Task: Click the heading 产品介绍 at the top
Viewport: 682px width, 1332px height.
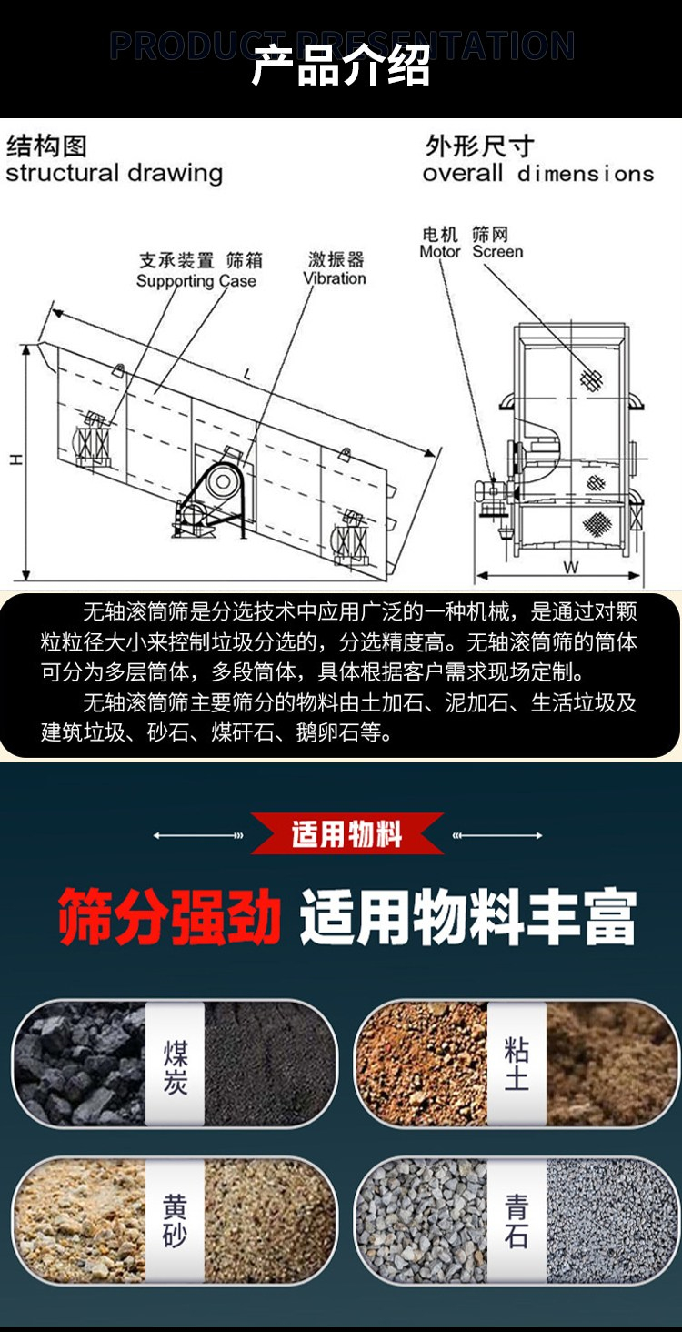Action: pyautogui.click(x=340, y=66)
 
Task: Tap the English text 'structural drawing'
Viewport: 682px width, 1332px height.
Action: pyautogui.click(x=114, y=174)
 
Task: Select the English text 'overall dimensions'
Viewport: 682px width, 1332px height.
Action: pyautogui.click(x=538, y=174)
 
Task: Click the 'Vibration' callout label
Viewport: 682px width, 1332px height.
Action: pyautogui.click(x=335, y=278)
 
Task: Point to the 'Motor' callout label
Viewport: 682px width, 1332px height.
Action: pyautogui.click(x=439, y=251)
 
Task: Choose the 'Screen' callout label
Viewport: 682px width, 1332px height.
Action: pyautogui.click(x=497, y=251)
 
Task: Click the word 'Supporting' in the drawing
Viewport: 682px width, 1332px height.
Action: pyautogui.click(x=175, y=281)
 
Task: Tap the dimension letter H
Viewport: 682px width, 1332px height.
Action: pyautogui.click(x=16, y=459)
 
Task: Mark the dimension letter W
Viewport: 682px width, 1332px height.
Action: pyautogui.click(x=570, y=567)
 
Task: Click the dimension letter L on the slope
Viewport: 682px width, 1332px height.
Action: pyautogui.click(x=247, y=374)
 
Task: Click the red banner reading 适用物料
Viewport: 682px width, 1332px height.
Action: pyautogui.click(x=347, y=833)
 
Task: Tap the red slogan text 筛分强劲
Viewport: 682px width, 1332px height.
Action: pyautogui.click(x=169, y=916)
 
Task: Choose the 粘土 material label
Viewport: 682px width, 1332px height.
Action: pyautogui.click(x=517, y=1064)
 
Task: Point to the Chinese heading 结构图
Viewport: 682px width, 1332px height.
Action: pyautogui.click(x=46, y=146)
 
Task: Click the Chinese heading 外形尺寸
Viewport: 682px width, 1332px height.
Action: pyautogui.click(x=479, y=146)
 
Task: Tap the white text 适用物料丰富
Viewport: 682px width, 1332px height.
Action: pyautogui.click(x=468, y=916)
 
